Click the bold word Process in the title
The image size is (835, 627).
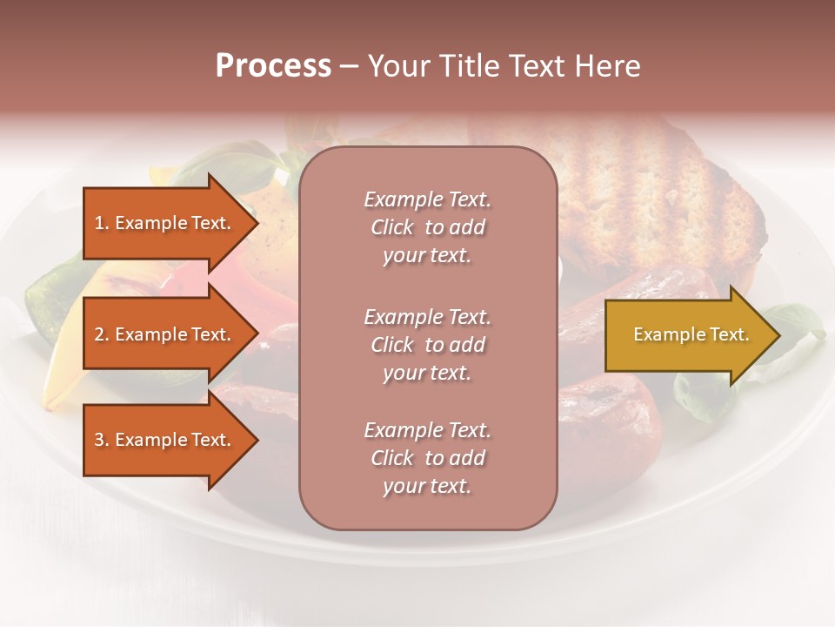pos(273,66)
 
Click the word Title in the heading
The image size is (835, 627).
pos(469,66)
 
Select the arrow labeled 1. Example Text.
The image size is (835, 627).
pos(165,223)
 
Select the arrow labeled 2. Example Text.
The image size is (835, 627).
pos(165,334)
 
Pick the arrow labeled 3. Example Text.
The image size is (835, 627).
pos(165,440)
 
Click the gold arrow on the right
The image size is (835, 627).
pos(687,334)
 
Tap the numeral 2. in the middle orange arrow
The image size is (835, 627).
pos(101,334)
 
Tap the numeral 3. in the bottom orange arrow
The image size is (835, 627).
pos(101,440)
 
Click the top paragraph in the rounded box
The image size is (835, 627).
pos(427,227)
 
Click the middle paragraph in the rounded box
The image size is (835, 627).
pos(427,344)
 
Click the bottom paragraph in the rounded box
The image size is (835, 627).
pos(427,458)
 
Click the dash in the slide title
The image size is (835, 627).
pos(350,66)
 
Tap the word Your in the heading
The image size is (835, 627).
pos(399,66)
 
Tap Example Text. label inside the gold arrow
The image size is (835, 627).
pos(691,334)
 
